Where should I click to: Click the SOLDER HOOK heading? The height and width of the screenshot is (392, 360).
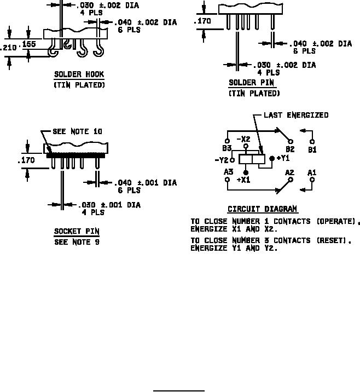click(79, 74)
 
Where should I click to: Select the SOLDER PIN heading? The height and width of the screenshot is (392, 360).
click(252, 83)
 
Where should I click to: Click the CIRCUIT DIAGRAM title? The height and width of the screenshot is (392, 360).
click(262, 209)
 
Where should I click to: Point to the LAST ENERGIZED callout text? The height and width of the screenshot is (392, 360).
click(296, 116)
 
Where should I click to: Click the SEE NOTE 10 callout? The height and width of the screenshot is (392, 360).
click(77, 131)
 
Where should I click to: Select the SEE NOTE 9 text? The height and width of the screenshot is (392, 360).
click(77, 242)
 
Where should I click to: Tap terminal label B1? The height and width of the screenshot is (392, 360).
click(312, 148)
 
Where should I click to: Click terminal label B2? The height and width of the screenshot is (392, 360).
click(290, 148)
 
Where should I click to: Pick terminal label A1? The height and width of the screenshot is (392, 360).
click(312, 172)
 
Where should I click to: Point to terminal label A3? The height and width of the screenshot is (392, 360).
click(228, 172)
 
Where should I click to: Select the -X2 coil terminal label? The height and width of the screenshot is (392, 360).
click(243, 139)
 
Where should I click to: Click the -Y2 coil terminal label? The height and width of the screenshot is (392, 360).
click(222, 160)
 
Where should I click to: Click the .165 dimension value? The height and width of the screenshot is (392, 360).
click(28, 43)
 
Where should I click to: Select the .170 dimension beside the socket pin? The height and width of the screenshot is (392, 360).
click(26, 161)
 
